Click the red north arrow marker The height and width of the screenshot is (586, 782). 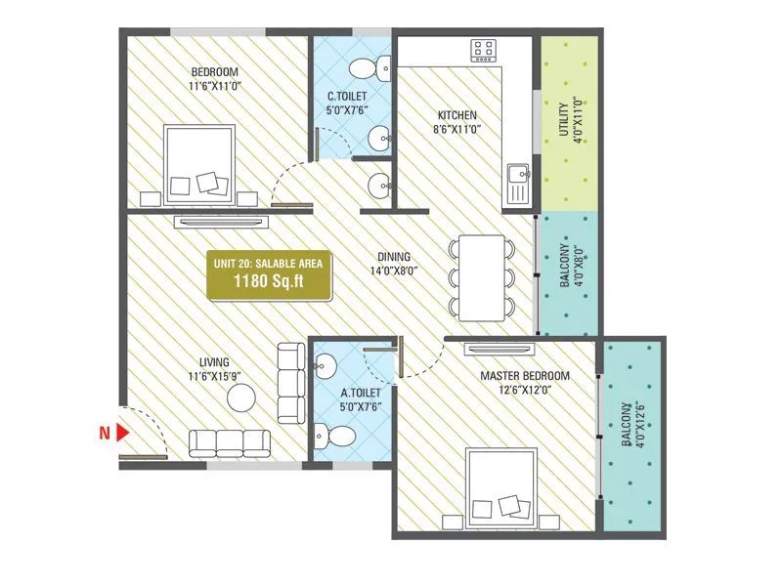coord(123,431)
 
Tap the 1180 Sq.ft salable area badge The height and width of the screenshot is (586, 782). coord(269,274)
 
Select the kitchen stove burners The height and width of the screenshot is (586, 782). coord(483,50)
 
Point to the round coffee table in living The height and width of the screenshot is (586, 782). coord(240,397)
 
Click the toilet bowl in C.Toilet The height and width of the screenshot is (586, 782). coord(367,67)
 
